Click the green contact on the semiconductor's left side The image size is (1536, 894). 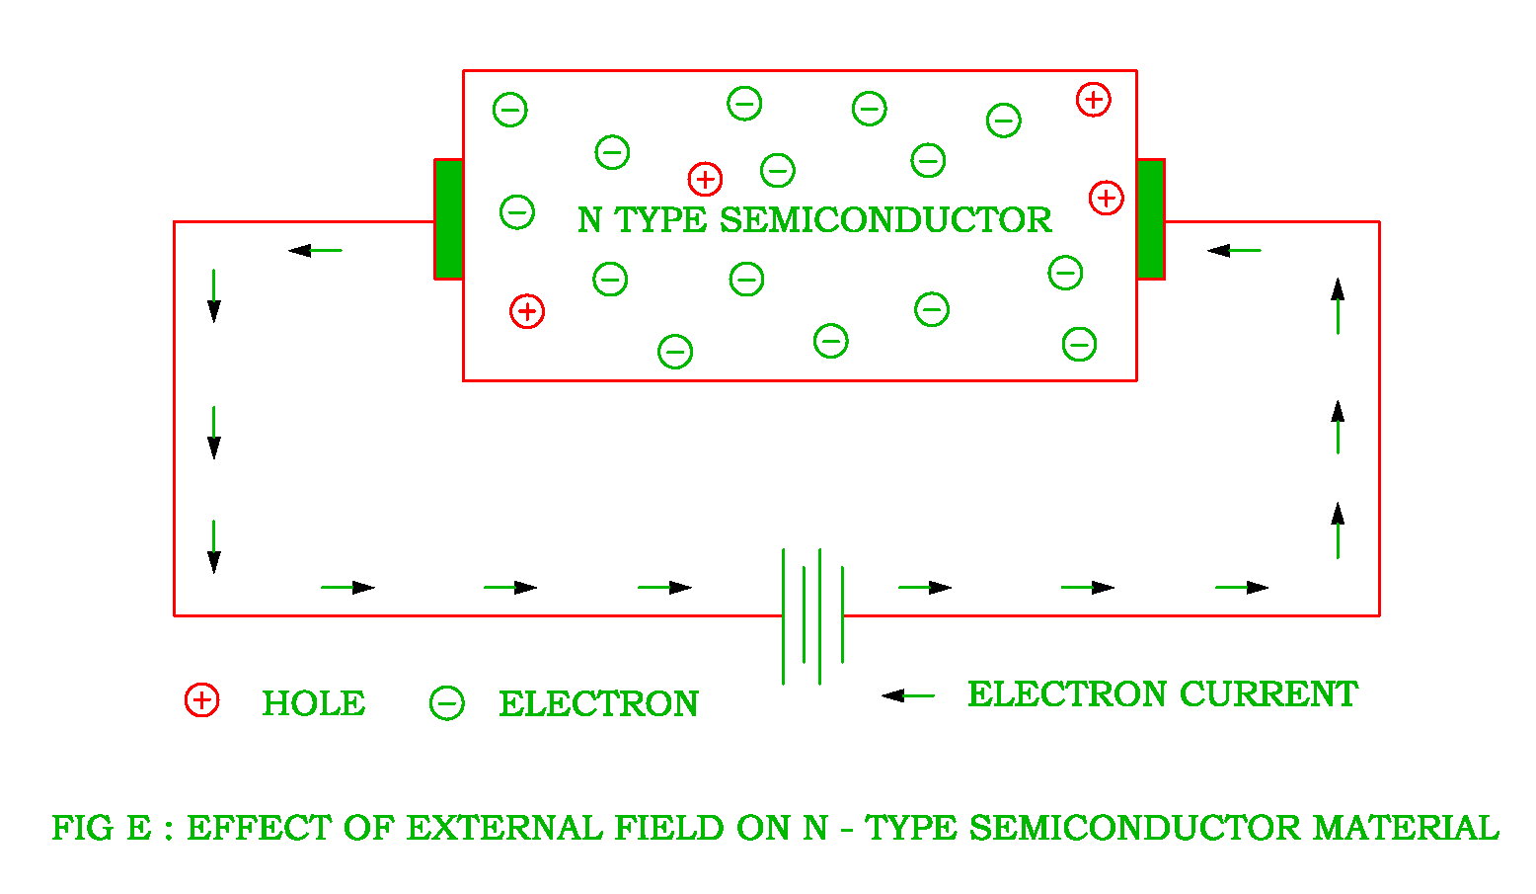(448, 219)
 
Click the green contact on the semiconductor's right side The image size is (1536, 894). (1151, 219)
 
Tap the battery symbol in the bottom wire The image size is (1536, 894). (812, 615)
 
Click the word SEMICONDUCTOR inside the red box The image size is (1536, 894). (885, 220)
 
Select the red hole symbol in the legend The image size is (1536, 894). (201, 700)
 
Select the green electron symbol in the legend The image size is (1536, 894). (446, 703)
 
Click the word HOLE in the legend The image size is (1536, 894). (313, 703)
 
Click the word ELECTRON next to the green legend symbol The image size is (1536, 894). (598, 703)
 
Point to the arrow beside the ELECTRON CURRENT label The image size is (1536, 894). (907, 695)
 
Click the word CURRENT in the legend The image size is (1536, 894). (1268, 694)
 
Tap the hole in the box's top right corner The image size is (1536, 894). (1093, 100)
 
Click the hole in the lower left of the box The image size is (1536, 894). (527, 311)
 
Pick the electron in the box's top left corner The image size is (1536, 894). (509, 109)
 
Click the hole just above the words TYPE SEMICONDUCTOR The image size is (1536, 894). (705, 179)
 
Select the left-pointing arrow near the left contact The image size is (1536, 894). (315, 251)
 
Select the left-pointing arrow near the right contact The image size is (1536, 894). (1234, 251)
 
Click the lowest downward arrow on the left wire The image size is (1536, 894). (213, 546)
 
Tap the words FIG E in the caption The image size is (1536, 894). (102, 828)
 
